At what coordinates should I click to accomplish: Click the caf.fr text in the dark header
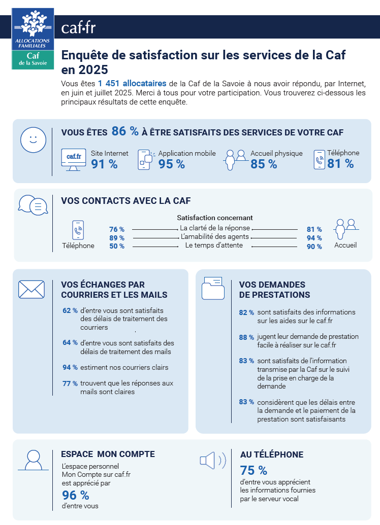click(x=78, y=27)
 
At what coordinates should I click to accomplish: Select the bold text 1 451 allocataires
click(x=132, y=83)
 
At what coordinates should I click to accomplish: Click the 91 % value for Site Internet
click(x=104, y=164)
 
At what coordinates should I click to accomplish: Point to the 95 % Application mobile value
click(x=172, y=164)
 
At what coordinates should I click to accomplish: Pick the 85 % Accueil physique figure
click(x=264, y=164)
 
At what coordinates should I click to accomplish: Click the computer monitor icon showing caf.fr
click(x=73, y=159)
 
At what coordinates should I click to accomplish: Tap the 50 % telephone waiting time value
click(x=117, y=247)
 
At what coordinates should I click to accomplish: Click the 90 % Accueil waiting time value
click(x=314, y=247)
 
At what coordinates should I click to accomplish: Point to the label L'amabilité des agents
click(x=214, y=237)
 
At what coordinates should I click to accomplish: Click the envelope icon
click(x=31, y=290)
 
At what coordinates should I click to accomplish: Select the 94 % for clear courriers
click(x=70, y=367)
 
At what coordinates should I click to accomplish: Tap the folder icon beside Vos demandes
click(x=213, y=289)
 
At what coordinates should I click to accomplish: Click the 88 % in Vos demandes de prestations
click(x=246, y=337)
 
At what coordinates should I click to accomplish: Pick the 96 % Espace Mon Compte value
click(x=75, y=495)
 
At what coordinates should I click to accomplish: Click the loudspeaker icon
click(x=212, y=461)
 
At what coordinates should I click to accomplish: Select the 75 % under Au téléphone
click(x=253, y=470)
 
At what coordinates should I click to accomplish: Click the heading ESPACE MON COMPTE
click(x=108, y=454)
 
